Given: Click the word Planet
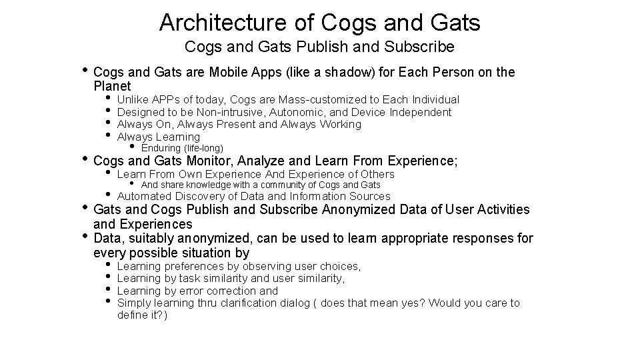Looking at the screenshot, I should click(x=113, y=87).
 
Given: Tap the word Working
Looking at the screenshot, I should click(x=340, y=125).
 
